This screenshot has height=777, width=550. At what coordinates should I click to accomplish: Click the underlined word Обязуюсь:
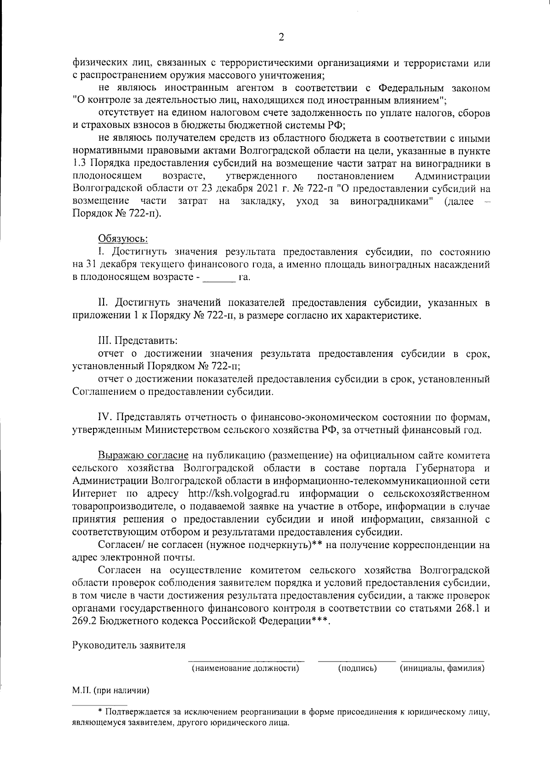(x=123, y=239)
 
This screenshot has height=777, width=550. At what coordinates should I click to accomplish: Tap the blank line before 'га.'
(x=219, y=277)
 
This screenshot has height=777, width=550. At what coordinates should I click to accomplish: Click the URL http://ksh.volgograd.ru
(x=240, y=494)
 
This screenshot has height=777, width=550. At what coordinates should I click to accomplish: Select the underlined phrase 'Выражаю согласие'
(x=143, y=455)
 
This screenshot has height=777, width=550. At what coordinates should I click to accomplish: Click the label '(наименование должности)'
(x=245, y=668)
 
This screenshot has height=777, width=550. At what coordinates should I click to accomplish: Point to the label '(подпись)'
(x=357, y=668)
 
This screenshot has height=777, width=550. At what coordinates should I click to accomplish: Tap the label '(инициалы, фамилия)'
(x=442, y=668)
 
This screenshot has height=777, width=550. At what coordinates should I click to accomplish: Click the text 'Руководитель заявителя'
(x=129, y=646)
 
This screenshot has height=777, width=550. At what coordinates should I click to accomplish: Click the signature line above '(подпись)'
(x=357, y=661)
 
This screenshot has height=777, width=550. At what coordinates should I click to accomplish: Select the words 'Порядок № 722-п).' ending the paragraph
(x=117, y=214)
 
